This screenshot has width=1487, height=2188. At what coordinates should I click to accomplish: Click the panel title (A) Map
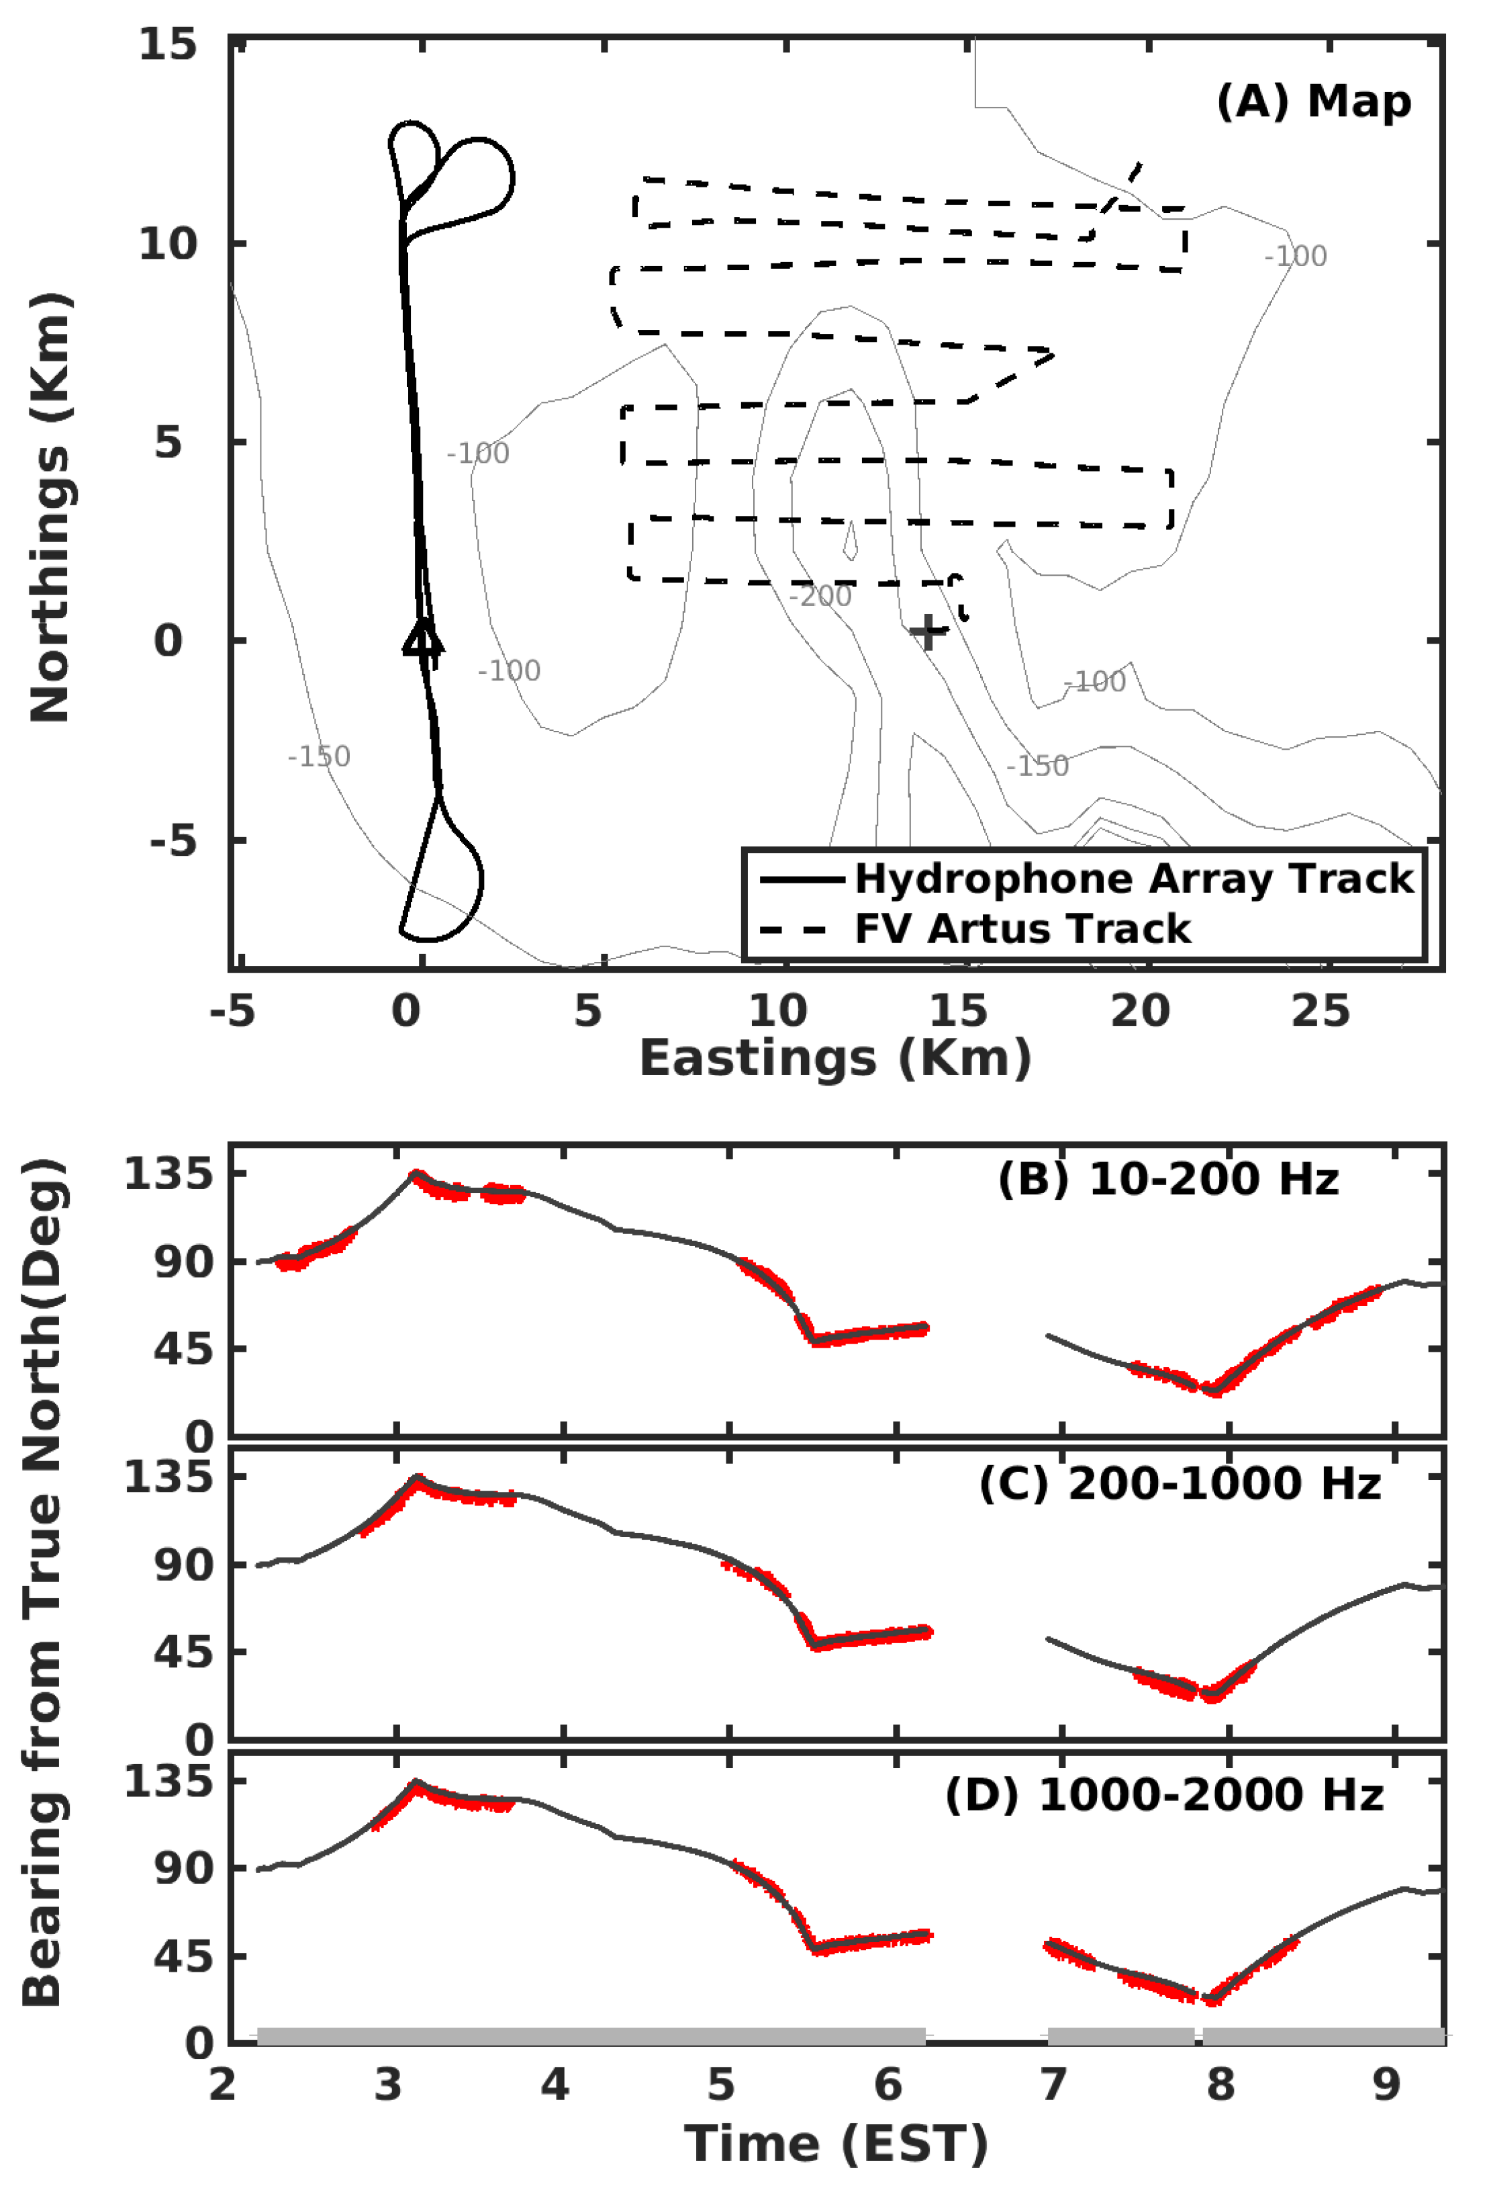coord(1313,101)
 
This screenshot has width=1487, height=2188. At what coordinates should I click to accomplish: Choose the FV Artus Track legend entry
coord(1022,928)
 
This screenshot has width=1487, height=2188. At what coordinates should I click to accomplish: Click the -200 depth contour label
coord(820,596)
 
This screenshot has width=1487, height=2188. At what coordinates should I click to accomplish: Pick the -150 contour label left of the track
coord(319,756)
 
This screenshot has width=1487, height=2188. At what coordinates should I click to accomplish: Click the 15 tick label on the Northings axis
coord(168,44)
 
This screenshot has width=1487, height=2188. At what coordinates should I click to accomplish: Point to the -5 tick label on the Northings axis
coord(173,840)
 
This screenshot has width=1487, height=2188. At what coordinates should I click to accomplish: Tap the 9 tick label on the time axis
coord(1386,2085)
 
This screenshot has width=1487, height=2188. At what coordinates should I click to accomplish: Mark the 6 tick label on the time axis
coord(888,2085)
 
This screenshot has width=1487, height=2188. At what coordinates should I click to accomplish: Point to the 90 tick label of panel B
coord(185,1261)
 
